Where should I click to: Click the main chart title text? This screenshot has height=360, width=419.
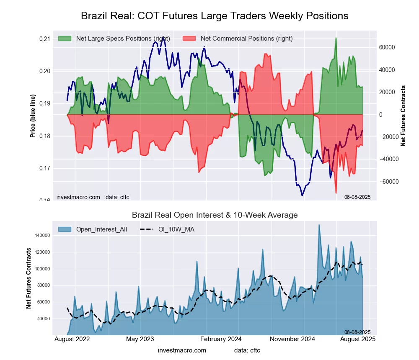point(215,16)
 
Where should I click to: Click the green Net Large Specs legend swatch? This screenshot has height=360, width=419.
point(65,39)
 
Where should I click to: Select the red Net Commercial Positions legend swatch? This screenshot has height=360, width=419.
point(189,39)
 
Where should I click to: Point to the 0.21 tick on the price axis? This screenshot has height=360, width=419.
point(44,39)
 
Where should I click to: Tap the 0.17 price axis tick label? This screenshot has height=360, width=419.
point(44,168)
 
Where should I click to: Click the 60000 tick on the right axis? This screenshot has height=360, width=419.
point(388,47)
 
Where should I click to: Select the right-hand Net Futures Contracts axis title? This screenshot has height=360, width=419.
point(403,116)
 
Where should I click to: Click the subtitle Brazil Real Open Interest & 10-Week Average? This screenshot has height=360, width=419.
point(215,215)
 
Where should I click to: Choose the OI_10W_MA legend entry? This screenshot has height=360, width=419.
point(176,229)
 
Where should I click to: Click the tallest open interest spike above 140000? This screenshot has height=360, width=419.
point(319,225)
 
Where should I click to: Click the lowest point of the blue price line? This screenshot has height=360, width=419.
point(302,195)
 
